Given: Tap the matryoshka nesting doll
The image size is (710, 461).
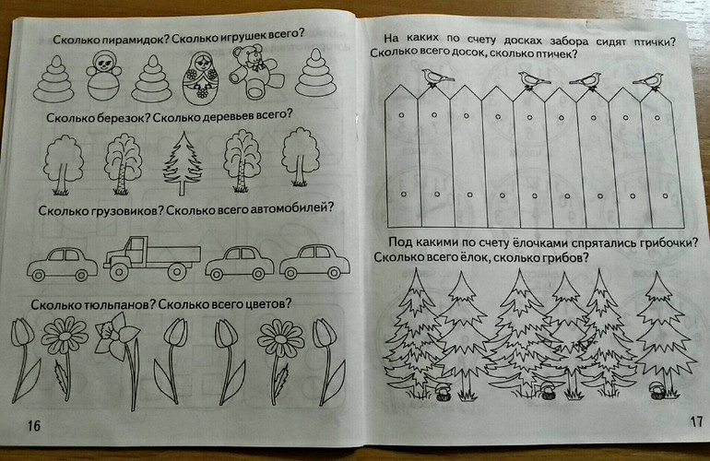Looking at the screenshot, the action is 201,77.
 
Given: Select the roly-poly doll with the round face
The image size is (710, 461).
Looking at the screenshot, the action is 104,75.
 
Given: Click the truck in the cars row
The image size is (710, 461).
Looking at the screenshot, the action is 152,257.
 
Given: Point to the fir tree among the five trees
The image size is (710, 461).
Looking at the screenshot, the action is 183,163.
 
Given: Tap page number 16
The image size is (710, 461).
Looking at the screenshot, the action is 34,426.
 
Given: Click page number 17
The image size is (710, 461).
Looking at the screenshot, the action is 696,421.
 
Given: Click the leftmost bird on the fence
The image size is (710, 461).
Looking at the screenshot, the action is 436,77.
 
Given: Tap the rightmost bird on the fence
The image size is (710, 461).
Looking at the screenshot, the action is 649,81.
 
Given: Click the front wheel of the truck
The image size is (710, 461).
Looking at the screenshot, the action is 119,271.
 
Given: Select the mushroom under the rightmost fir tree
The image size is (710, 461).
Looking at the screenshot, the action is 657,390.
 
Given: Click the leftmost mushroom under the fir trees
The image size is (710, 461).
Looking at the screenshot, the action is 442,391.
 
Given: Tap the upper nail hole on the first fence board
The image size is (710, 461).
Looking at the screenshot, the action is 401,115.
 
